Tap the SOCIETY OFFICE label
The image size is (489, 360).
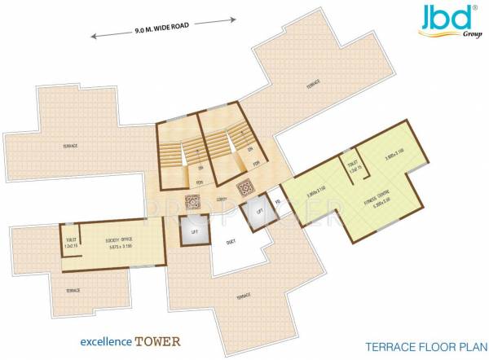pos(119,240)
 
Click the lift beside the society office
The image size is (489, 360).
pos(195,233)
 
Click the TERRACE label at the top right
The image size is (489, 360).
pos(312,82)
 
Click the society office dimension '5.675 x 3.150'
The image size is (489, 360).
pos(119,247)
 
